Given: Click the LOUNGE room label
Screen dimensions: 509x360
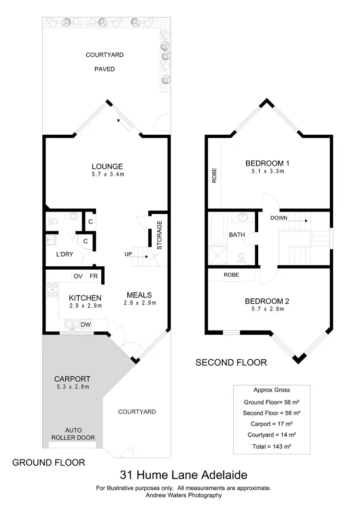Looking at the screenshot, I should click(x=108, y=166).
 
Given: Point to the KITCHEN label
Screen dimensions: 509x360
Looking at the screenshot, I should click(x=84, y=298).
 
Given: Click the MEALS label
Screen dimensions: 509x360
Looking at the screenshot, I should click(x=139, y=295).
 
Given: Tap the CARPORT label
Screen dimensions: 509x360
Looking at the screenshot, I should click(x=72, y=379).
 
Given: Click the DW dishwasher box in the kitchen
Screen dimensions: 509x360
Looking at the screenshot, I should click(x=85, y=325).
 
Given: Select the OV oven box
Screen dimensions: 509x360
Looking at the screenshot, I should click(x=78, y=276).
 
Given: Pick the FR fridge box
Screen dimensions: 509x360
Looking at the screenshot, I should click(x=94, y=276).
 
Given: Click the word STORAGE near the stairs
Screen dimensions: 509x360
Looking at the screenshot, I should click(x=160, y=235).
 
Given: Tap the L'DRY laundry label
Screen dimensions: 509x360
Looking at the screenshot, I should click(x=64, y=254).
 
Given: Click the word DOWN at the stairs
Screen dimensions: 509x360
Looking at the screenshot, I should click(x=279, y=217).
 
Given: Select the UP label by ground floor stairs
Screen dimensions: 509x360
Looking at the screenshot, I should click(x=128, y=254).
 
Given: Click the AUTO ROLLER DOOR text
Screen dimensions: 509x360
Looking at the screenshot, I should click(x=73, y=434).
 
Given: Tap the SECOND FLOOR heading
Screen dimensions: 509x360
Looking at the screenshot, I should click(x=231, y=362).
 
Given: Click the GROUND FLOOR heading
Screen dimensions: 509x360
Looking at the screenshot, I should click(x=48, y=462).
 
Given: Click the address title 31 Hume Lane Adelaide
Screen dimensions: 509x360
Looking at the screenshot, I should click(x=183, y=475).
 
